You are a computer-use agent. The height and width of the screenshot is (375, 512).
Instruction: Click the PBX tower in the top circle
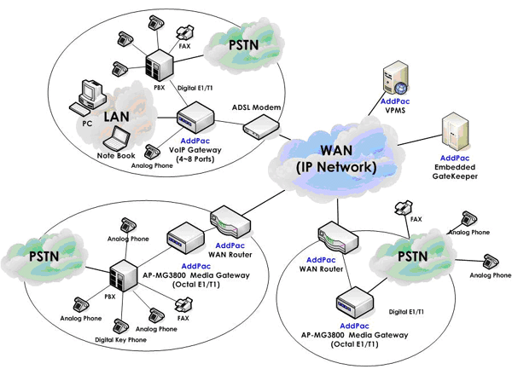(x=159, y=61)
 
